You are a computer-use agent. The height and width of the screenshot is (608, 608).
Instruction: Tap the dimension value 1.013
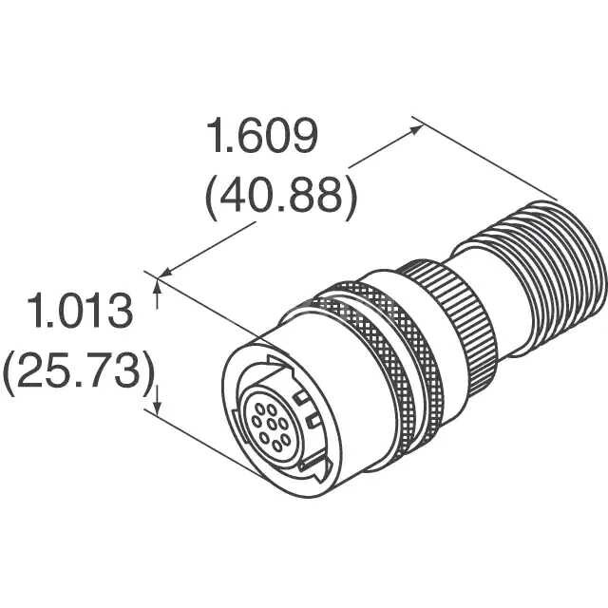79,313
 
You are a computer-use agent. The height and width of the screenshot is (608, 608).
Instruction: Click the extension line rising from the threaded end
484,161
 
